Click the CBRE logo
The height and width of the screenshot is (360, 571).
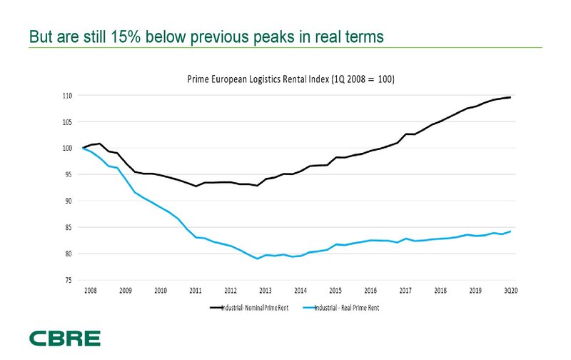65,339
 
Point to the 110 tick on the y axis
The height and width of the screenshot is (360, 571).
69,96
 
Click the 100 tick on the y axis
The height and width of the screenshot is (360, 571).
69,149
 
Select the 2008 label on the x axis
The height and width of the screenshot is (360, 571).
91,291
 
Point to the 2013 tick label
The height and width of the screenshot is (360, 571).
266,291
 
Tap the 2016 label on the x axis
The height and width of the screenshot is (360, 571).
370,291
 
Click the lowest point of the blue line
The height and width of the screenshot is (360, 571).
258,259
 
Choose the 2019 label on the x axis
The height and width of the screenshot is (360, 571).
475,291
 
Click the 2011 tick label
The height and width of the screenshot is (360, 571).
196,291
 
